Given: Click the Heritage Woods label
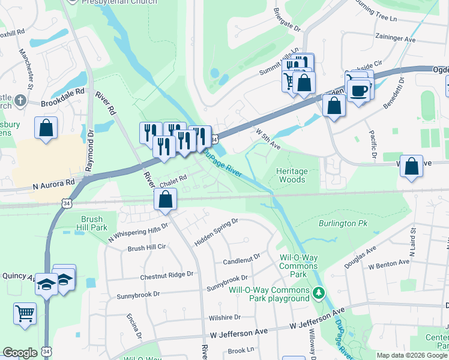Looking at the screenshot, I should [x=291, y=175].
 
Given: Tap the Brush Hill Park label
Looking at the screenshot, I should [x=92, y=224].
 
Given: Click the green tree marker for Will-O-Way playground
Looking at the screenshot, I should [x=320, y=293].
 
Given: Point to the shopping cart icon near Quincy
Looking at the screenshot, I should [x=25, y=313].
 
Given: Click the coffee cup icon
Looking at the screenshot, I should [x=358, y=91].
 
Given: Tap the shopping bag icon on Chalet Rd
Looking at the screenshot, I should [x=165, y=199].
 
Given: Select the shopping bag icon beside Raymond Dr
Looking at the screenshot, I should [x=46, y=128].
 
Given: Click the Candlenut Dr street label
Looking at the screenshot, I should [x=241, y=259].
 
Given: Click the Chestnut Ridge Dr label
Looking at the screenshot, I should [x=167, y=274].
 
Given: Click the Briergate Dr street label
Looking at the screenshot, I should [x=286, y=20].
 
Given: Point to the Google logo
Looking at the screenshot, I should [x=20, y=353].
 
